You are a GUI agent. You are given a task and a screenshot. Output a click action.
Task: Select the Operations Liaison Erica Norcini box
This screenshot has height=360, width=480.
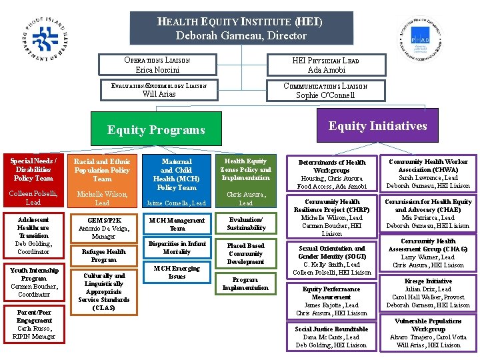tap(158, 65)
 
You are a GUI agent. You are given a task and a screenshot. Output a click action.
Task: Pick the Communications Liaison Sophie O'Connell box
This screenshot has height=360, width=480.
tap(325, 90)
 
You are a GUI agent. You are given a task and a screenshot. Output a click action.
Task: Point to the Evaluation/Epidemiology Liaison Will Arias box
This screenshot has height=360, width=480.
tap(158, 90)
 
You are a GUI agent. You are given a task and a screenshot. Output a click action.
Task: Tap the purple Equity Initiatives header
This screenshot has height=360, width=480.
tap(377, 126)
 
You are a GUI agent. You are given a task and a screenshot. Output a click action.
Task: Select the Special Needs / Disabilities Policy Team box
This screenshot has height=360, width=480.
tap(33, 169)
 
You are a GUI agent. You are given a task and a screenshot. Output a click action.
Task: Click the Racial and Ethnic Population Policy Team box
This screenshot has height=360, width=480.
tap(102, 170)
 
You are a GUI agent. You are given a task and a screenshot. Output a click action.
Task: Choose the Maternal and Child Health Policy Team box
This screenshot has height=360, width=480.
tap(177, 174)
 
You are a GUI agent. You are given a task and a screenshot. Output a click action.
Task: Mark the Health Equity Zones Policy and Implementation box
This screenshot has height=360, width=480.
tap(245, 169)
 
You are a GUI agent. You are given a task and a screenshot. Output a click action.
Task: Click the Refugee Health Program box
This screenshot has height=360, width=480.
tap(103, 255)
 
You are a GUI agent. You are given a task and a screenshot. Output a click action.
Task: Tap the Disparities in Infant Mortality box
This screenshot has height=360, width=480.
tap(177, 247)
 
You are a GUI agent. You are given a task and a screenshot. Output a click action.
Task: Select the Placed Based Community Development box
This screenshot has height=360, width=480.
tap(245, 253)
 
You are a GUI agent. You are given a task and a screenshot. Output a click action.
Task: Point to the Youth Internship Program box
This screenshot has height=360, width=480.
tap(34, 282)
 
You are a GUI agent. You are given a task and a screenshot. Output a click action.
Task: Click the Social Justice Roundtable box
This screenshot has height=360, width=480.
tap(331, 337)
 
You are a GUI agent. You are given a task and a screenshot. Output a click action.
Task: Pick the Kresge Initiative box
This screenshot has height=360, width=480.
tap(428, 293)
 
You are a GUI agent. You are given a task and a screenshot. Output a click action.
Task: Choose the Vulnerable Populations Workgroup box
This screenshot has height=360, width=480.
tap(428, 333)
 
